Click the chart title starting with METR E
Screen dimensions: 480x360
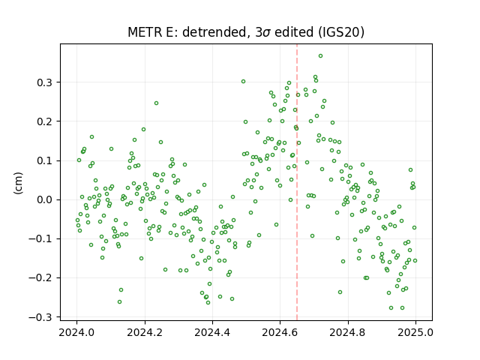pos(246,31)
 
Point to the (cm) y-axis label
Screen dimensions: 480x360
pos(18,183)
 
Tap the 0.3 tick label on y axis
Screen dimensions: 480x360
pos(45,82)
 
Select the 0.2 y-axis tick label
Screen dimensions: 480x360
pos(45,121)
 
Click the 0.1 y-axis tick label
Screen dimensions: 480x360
pos(45,160)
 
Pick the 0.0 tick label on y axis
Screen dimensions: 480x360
pos(45,200)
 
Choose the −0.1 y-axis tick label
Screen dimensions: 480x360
pos(40,238)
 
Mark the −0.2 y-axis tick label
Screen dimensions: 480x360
pos(40,278)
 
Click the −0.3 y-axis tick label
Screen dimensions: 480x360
pos(40,317)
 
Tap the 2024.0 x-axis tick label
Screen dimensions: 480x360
pos(76,332)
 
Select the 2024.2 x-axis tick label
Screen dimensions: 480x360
pos(145,332)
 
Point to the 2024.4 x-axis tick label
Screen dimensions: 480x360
pos(212,332)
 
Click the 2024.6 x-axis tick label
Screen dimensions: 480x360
pos(280,332)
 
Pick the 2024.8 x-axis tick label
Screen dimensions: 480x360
pos(348,332)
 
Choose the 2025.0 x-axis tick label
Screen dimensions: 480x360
pos(415,332)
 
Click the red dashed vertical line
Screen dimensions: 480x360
pos(297,182)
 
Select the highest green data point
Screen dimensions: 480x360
pos(320,56)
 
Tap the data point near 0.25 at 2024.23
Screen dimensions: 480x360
pos(156,103)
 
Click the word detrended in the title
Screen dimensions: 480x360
pos(214,31)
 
